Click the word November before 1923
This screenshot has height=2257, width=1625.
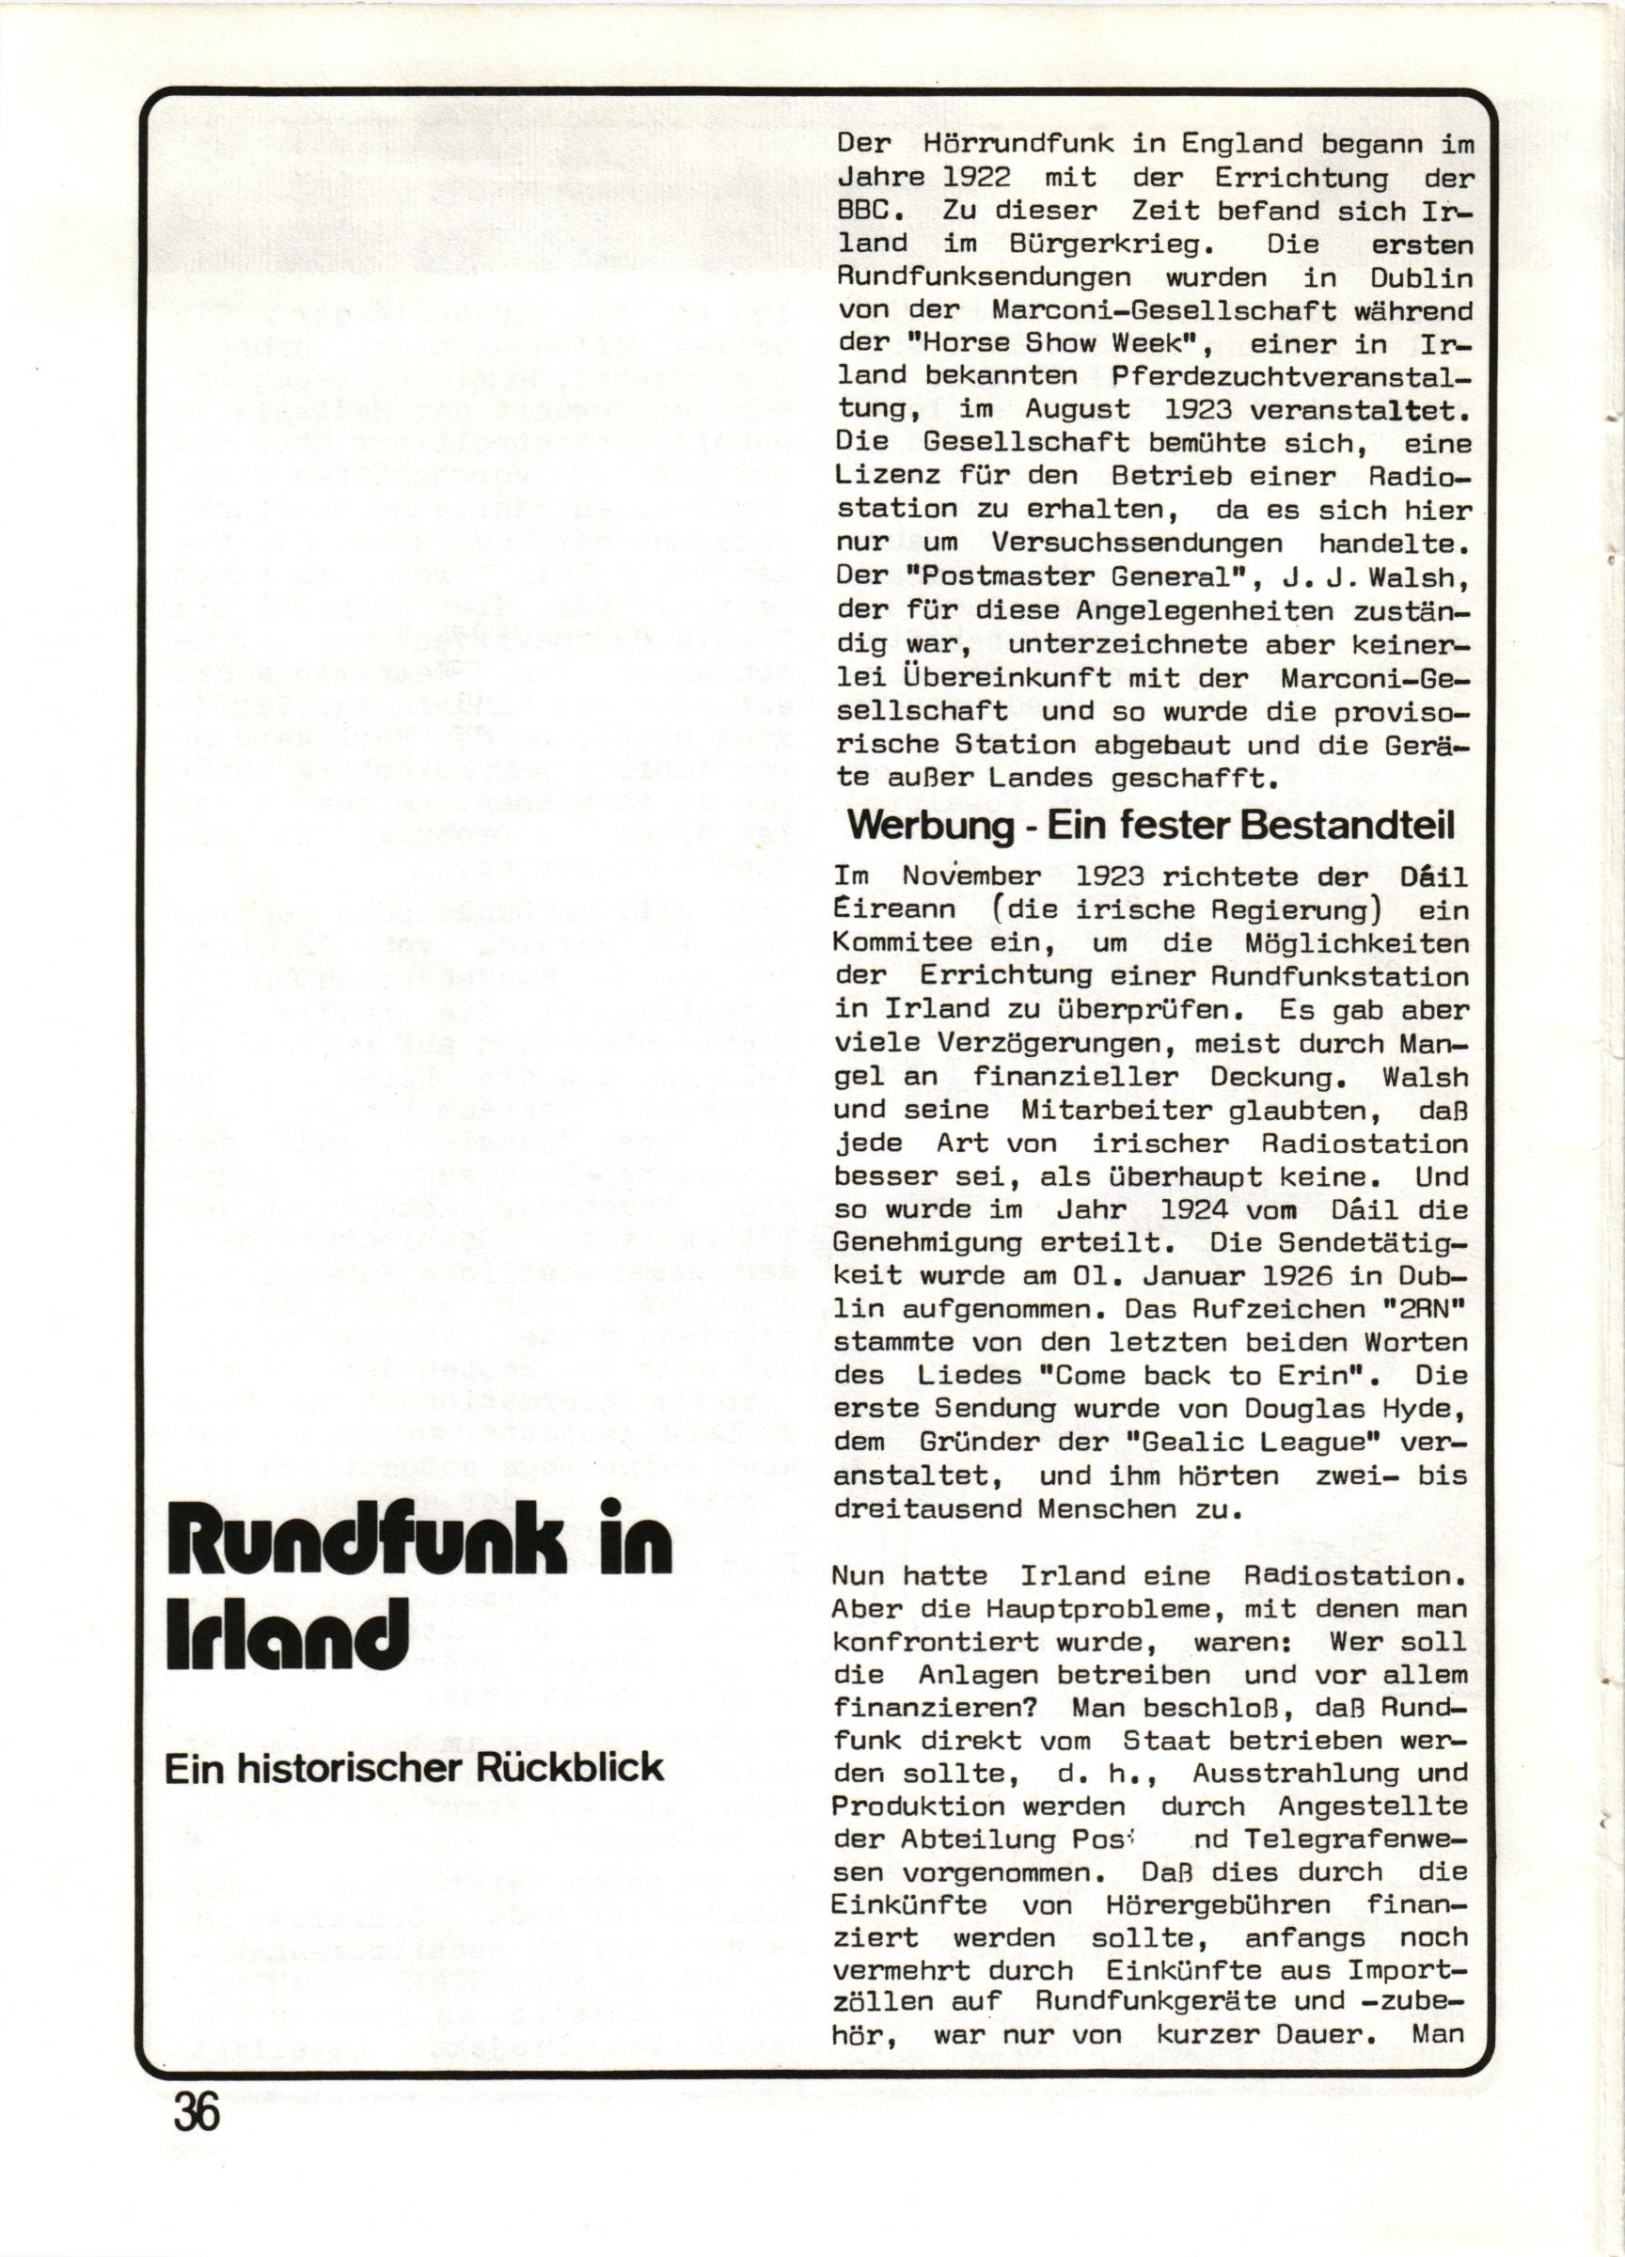[970, 876]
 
